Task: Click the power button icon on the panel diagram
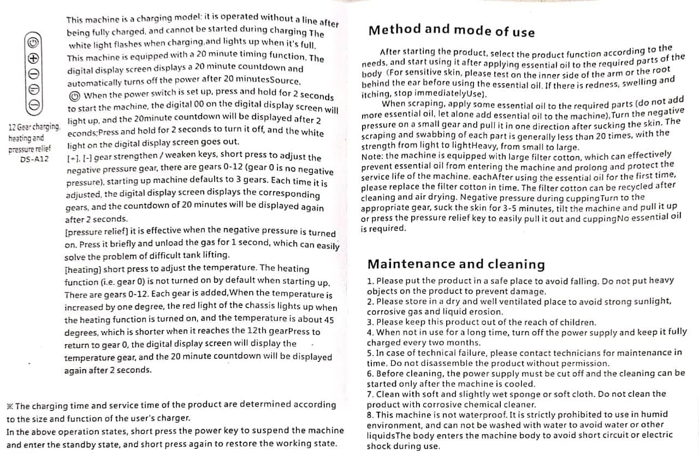(33, 43)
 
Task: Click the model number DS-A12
(34, 159)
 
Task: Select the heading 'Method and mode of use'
(451, 31)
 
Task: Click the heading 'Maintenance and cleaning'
(456, 264)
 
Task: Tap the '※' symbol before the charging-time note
(10, 406)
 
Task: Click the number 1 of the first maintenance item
(370, 281)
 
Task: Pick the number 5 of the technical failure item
(370, 353)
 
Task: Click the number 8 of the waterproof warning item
(370, 415)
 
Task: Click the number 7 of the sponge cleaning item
(370, 394)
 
